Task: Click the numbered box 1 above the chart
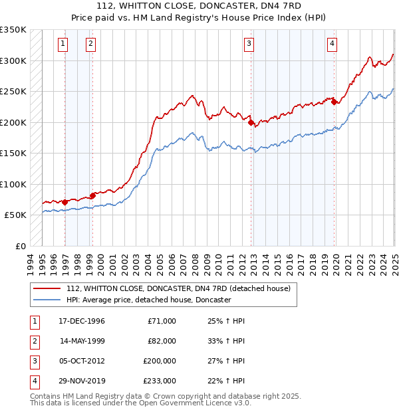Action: tap(63, 45)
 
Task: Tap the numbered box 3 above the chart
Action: tap(249, 45)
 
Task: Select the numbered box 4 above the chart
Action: tap(331, 45)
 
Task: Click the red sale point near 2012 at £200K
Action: tap(251, 122)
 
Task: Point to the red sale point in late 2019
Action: tap(334, 102)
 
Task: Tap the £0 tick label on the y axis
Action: tap(20, 246)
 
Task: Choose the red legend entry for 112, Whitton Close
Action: tap(178, 289)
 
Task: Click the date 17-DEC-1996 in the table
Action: tap(82, 321)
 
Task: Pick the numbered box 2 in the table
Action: tap(34, 341)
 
